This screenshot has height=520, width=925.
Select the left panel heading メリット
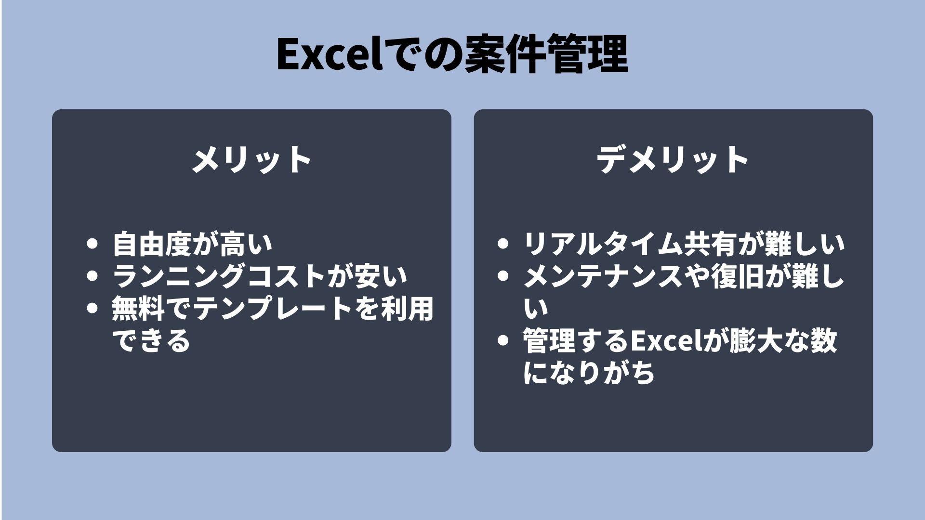pos(251,159)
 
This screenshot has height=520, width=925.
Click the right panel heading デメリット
pos(673,159)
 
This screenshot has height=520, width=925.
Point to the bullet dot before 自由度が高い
pos(92,244)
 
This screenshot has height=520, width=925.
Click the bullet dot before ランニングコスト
pos(92,276)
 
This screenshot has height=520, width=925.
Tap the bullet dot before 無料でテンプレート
pos(92,308)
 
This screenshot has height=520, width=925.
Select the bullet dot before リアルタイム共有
pos(502,244)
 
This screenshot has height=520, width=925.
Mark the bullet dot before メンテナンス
pos(502,276)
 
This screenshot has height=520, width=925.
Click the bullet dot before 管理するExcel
pos(502,340)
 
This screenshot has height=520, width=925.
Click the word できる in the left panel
pos(151,341)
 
